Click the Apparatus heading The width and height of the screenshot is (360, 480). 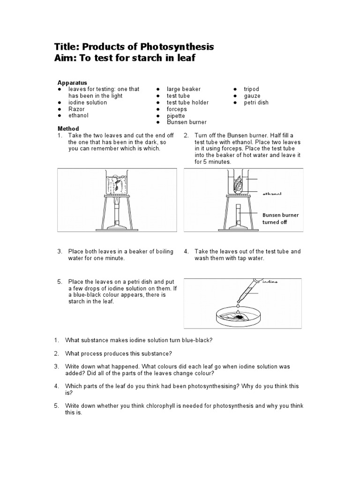click(x=72, y=82)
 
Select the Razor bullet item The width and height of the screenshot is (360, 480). click(x=76, y=109)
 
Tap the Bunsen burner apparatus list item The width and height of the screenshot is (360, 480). click(x=187, y=122)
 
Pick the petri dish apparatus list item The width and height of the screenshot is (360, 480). click(x=256, y=102)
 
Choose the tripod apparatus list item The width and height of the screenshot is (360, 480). click(x=251, y=89)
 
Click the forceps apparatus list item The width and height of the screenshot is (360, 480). click(x=177, y=109)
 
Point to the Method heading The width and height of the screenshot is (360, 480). click(x=68, y=128)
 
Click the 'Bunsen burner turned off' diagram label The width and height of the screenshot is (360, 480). click(x=280, y=218)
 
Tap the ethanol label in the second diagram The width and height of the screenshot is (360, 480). click(x=272, y=193)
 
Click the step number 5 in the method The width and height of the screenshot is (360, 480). click(x=60, y=282)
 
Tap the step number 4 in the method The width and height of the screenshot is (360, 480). click(x=187, y=252)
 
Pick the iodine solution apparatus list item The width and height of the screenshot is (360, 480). click(x=88, y=102)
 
